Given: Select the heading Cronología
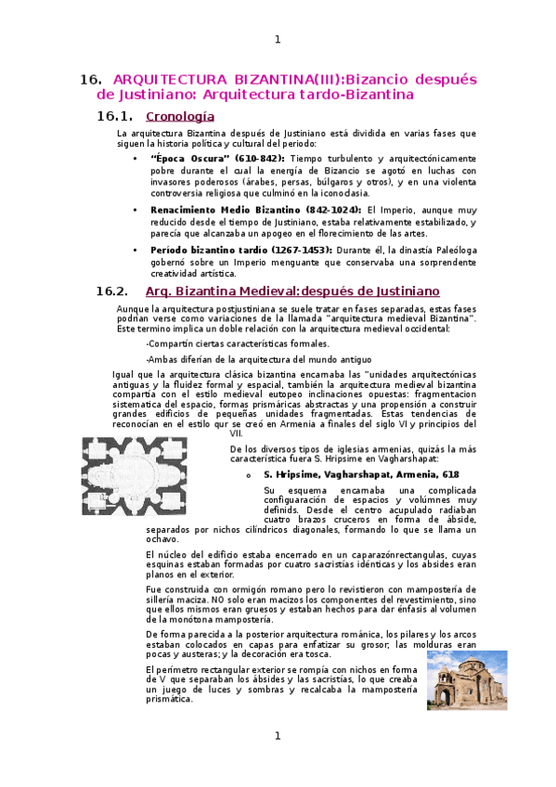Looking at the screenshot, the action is tap(180, 117).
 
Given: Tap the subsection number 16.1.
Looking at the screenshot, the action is tap(115, 117).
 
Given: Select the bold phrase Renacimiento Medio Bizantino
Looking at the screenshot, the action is tap(208, 211).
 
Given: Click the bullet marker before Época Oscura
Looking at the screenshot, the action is tap(136, 159).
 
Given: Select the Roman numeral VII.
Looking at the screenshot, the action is tap(237, 433).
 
